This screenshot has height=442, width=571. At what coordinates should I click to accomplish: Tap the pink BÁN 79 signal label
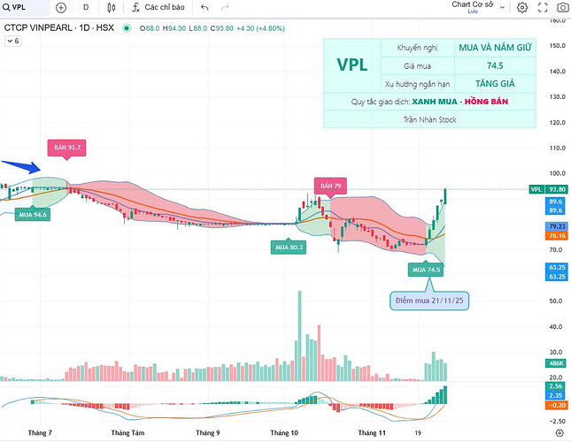[329, 186]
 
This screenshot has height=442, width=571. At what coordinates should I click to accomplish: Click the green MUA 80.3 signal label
[289, 248]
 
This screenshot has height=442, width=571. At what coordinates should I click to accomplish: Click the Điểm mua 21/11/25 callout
[428, 301]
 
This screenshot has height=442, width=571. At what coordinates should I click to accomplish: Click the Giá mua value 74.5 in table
[495, 65]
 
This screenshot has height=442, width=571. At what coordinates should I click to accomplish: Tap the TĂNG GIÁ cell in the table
[495, 83]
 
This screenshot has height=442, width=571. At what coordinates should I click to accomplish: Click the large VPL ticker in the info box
[352, 65]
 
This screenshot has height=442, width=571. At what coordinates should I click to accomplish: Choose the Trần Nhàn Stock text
[429, 119]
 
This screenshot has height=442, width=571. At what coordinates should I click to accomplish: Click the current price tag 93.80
[557, 189]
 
